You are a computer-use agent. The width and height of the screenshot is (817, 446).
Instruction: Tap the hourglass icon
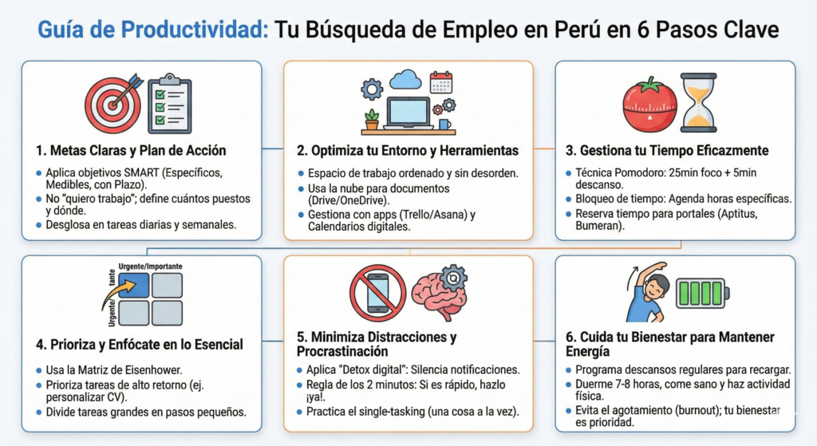pos(699,103)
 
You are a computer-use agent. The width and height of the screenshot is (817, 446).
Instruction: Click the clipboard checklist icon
pos(170,104)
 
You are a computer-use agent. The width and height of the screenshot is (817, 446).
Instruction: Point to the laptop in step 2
pos(408,112)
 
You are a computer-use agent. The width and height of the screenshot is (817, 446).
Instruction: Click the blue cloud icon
pos(405,79)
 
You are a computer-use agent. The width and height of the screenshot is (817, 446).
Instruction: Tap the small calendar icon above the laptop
pos(440,82)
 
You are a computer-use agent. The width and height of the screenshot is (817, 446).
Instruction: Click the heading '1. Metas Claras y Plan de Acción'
pos(131,150)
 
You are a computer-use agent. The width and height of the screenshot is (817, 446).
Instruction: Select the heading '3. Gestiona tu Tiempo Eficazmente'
pos(674,150)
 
